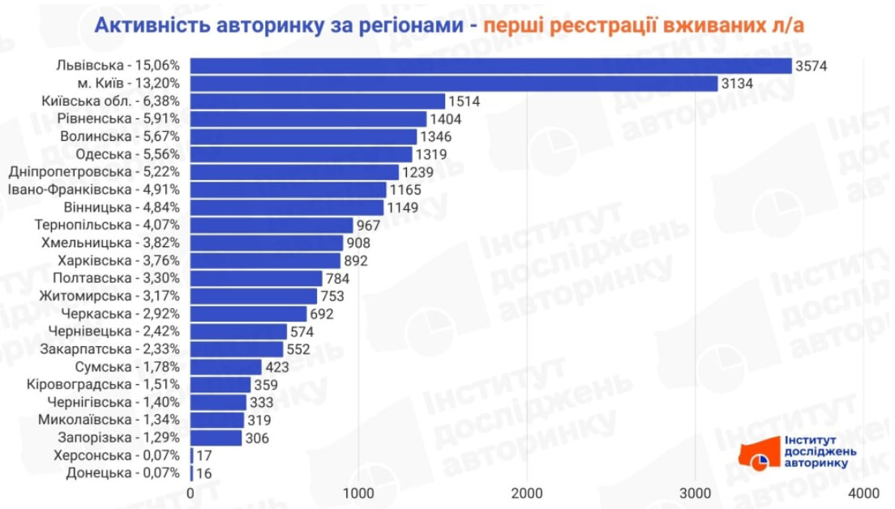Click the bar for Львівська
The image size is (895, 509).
(490, 66)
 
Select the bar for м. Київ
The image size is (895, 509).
(454, 83)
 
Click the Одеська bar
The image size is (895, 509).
(302, 154)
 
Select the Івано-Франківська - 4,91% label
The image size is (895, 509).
(93, 190)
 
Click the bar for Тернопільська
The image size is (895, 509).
(272, 225)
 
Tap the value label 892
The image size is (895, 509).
(356, 260)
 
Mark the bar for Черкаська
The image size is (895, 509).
(249, 314)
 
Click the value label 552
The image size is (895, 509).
(299, 349)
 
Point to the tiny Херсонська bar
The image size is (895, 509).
(192, 456)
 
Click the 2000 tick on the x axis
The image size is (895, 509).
(527, 493)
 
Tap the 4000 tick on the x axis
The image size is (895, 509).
(863, 493)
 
